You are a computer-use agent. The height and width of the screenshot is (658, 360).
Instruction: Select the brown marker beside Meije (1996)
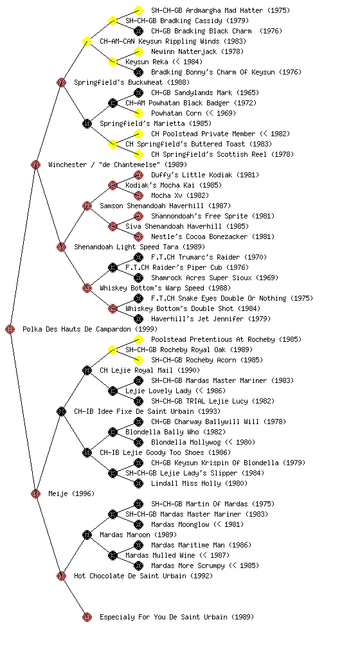click(35, 493)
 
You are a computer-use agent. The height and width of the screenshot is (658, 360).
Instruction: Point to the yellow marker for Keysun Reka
click(113, 62)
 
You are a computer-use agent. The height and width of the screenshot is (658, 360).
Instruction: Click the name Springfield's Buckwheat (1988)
click(132, 82)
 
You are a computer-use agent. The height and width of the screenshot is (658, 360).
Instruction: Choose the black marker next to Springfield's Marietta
click(87, 123)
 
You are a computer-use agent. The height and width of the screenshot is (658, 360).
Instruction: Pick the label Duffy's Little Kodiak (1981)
click(205, 175)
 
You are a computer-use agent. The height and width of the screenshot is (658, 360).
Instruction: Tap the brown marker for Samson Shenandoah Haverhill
click(87, 206)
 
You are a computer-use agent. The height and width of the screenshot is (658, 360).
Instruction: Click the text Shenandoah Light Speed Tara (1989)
click(139, 247)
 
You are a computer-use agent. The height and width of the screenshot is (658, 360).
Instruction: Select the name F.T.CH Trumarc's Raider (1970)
click(209, 257)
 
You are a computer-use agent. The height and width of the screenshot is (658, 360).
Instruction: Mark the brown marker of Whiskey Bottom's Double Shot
click(113, 308)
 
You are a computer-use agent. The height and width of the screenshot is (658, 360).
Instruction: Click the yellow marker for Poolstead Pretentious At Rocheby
click(138, 339)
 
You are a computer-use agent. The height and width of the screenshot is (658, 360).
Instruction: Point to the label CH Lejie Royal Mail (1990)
click(150, 370)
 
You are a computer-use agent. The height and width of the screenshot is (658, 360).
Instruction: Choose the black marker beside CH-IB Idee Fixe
click(61, 411)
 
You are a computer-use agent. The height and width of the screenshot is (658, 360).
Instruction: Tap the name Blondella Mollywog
click(186, 442)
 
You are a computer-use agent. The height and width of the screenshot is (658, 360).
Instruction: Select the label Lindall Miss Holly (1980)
click(199, 483)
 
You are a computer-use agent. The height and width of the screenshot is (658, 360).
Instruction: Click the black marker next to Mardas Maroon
click(87, 535)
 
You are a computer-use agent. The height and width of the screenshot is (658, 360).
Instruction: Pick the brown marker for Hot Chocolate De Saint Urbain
click(61, 576)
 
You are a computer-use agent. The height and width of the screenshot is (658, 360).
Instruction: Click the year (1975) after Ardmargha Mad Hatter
click(278, 10)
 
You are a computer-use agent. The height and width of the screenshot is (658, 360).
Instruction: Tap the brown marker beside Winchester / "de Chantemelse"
click(35, 164)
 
